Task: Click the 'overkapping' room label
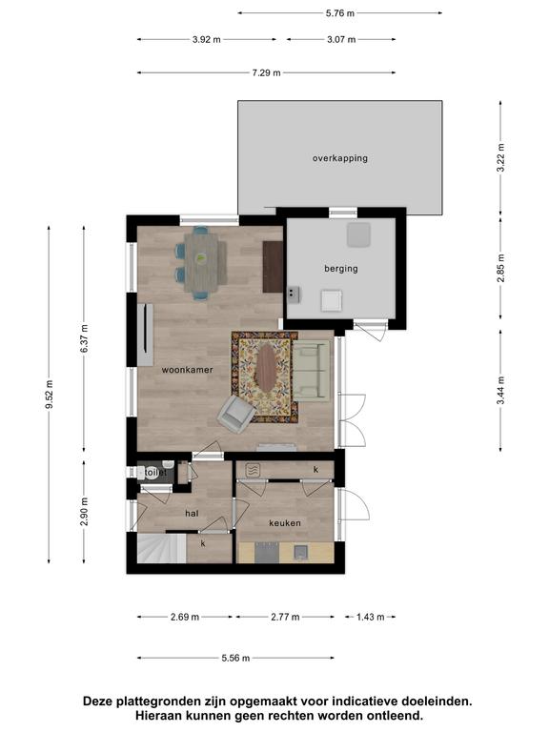340,158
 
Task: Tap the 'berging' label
341,269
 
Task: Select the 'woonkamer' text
187,370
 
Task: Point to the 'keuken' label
285,523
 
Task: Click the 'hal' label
192,514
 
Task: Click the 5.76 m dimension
340,13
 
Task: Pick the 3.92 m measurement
206,40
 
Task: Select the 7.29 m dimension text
266,72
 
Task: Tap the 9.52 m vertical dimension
49,395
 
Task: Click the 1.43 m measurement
370,618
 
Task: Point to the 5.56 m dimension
235,659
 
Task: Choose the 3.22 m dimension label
500,158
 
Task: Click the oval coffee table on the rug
266,368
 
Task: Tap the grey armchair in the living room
235,414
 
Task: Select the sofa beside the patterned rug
311,371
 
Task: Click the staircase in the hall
161,549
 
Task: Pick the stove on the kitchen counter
267,553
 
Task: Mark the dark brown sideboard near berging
273,267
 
